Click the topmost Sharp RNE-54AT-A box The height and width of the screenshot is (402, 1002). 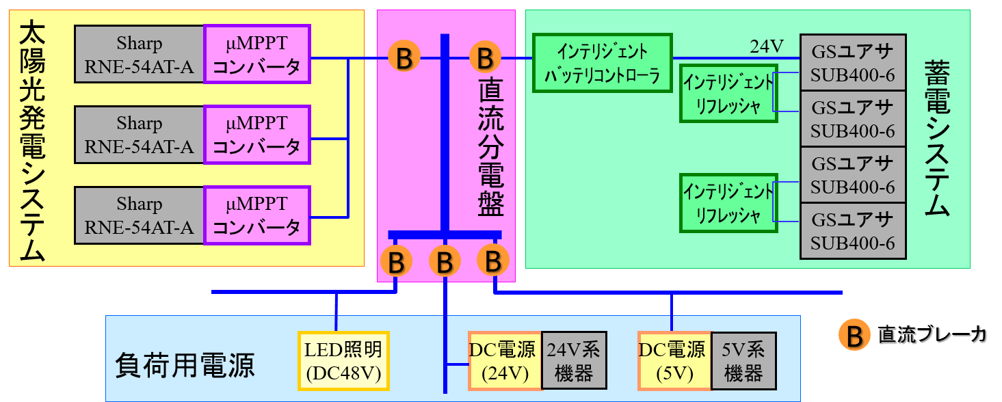click(x=139, y=54)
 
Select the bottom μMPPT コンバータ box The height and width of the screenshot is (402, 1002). click(x=257, y=215)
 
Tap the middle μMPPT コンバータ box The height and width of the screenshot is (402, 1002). click(x=257, y=135)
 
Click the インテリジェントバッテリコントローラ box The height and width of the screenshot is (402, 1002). click(x=602, y=63)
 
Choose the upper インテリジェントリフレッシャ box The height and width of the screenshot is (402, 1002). click(x=728, y=94)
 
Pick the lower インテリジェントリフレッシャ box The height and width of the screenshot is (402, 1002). click(x=728, y=203)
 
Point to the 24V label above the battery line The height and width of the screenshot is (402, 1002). click(x=766, y=46)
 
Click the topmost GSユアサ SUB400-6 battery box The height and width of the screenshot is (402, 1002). click(x=852, y=63)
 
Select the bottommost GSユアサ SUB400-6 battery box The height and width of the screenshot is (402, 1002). click(x=852, y=231)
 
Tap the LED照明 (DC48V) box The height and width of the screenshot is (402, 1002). click(x=343, y=360)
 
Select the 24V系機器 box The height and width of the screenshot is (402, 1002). click(x=574, y=360)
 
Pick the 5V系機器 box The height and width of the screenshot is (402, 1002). click(x=743, y=360)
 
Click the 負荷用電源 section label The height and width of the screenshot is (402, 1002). click(x=185, y=365)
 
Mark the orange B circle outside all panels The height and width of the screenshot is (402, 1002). click(x=854, y=335)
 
